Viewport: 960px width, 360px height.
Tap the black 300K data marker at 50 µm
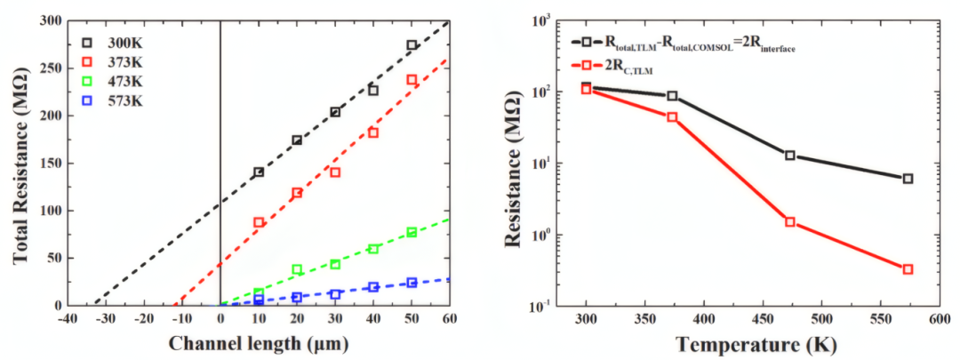[412, 45]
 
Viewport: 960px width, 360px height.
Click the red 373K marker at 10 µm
[259, 223]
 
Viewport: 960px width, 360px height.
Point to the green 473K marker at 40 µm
[373, 249]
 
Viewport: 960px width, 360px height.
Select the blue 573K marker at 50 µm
[412, 283]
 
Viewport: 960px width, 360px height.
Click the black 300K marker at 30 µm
[335, 112]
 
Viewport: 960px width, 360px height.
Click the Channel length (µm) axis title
[258, 342]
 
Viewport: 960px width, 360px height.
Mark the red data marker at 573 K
[908, 269]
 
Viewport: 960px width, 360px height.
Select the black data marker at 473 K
[789, 156]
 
